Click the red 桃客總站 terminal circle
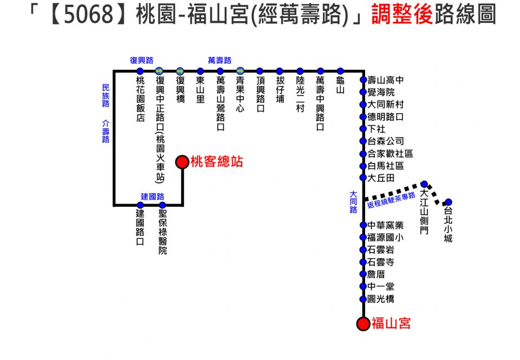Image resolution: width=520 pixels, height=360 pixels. [x=182, y=162]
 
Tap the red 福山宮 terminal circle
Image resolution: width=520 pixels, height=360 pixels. [x=363, y=324]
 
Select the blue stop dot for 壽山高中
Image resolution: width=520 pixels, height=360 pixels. [x=363, y=80]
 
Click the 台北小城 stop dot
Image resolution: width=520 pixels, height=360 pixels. [x=448, y=202]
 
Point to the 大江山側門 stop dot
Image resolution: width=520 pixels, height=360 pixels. [x=424, y=184]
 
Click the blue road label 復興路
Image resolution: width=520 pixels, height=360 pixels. [x=141, y=60]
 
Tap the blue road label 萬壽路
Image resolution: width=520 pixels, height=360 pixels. [x=219, y=60]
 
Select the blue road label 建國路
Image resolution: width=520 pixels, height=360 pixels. [x=153, y=197]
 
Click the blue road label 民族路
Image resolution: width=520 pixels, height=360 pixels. [x=106, y=95]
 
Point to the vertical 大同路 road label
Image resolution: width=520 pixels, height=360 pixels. [x=354, y=202]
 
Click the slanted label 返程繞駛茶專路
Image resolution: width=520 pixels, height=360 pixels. [x=391, y=200]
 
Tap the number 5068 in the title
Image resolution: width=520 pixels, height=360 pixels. [x=89, y=14]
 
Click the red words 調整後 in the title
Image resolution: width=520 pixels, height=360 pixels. [x=401, y=14]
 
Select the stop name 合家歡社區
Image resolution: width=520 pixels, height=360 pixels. [x=391, y=154]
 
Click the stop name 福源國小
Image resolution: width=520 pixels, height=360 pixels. [x=386, y=237]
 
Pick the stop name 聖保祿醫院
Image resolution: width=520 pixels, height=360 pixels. [x=162, y=232]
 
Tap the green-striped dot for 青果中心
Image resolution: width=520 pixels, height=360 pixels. [x=240, y=71]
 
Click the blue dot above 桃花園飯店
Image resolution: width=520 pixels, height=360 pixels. [x=140, y=71]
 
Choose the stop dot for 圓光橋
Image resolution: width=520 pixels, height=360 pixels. [x=363, y=299]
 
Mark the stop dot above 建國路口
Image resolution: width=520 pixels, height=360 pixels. [x=140, y=205]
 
